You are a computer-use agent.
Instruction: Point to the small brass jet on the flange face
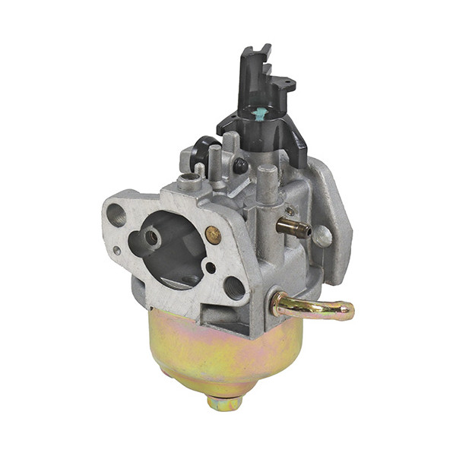(214, 235)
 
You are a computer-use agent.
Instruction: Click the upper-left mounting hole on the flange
(116, 214)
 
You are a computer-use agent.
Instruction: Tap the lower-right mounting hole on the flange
(234, 288)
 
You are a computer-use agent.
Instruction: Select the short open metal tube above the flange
(188, 182)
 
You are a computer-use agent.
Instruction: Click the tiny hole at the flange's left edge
(116, 250)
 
